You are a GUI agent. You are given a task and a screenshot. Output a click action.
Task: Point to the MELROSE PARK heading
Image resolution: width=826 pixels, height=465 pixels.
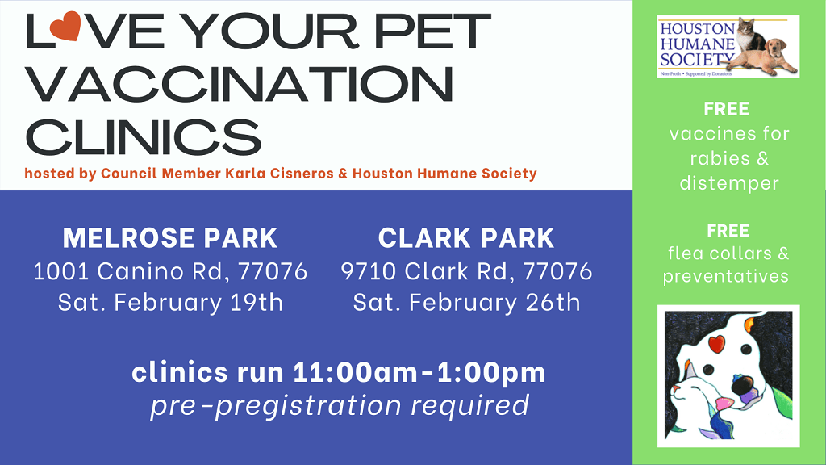pyautogui.click(x=170, y=238)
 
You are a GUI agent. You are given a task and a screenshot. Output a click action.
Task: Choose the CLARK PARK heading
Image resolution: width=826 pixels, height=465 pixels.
pyautogui.click(x=466, y=238)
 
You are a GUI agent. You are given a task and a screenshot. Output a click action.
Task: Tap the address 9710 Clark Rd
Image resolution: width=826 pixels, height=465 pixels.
pyautogui.click(x=428, y=271)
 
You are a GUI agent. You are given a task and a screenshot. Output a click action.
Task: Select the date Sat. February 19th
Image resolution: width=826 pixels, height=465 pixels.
pyautogui.click(x=170, y=303)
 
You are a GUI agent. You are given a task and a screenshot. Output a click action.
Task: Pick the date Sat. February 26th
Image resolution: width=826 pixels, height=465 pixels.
pyautogui.click(x=466, y=303)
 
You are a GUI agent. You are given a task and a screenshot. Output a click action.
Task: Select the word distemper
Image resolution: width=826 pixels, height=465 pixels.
pyautogui.click(x=728, y=183)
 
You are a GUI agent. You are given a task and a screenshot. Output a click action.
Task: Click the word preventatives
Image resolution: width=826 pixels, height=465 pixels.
pyautogui.click(x=726, y=276)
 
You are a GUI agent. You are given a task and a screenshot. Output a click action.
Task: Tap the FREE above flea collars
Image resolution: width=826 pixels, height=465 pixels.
pyautogui.click(x=728, y=231)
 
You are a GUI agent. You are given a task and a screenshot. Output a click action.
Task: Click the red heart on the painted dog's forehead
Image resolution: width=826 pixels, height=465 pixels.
pyautogui.click(x=714, y=344)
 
